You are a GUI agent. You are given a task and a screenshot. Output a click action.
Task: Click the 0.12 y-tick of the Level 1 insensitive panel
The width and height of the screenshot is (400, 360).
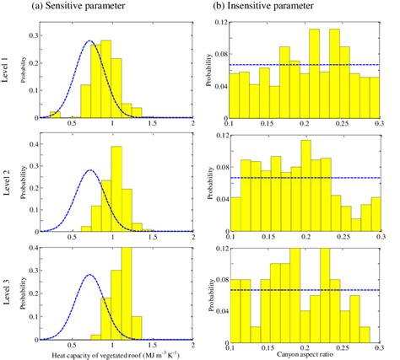(x=219, y=20)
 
